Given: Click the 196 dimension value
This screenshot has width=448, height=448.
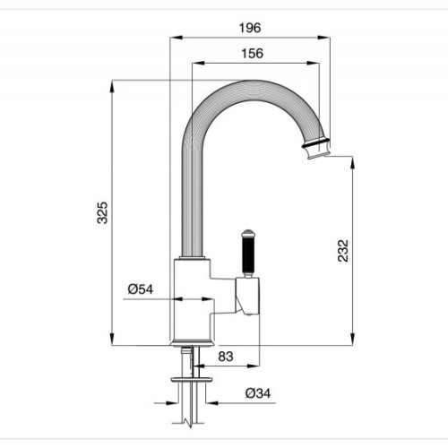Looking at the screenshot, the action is [250, 28].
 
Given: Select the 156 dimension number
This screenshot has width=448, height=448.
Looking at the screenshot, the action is [253, 54].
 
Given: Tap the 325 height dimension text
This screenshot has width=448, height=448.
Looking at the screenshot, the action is [102, 212].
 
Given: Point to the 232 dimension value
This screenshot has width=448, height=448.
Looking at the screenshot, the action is [343, 251].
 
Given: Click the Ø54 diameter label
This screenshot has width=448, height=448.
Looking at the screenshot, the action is [141, 289].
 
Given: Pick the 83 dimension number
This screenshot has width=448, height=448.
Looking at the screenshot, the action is [226, 357].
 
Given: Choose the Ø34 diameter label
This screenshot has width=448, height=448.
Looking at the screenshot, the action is [258, 393].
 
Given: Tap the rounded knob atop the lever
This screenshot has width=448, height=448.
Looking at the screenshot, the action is [248, 233].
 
